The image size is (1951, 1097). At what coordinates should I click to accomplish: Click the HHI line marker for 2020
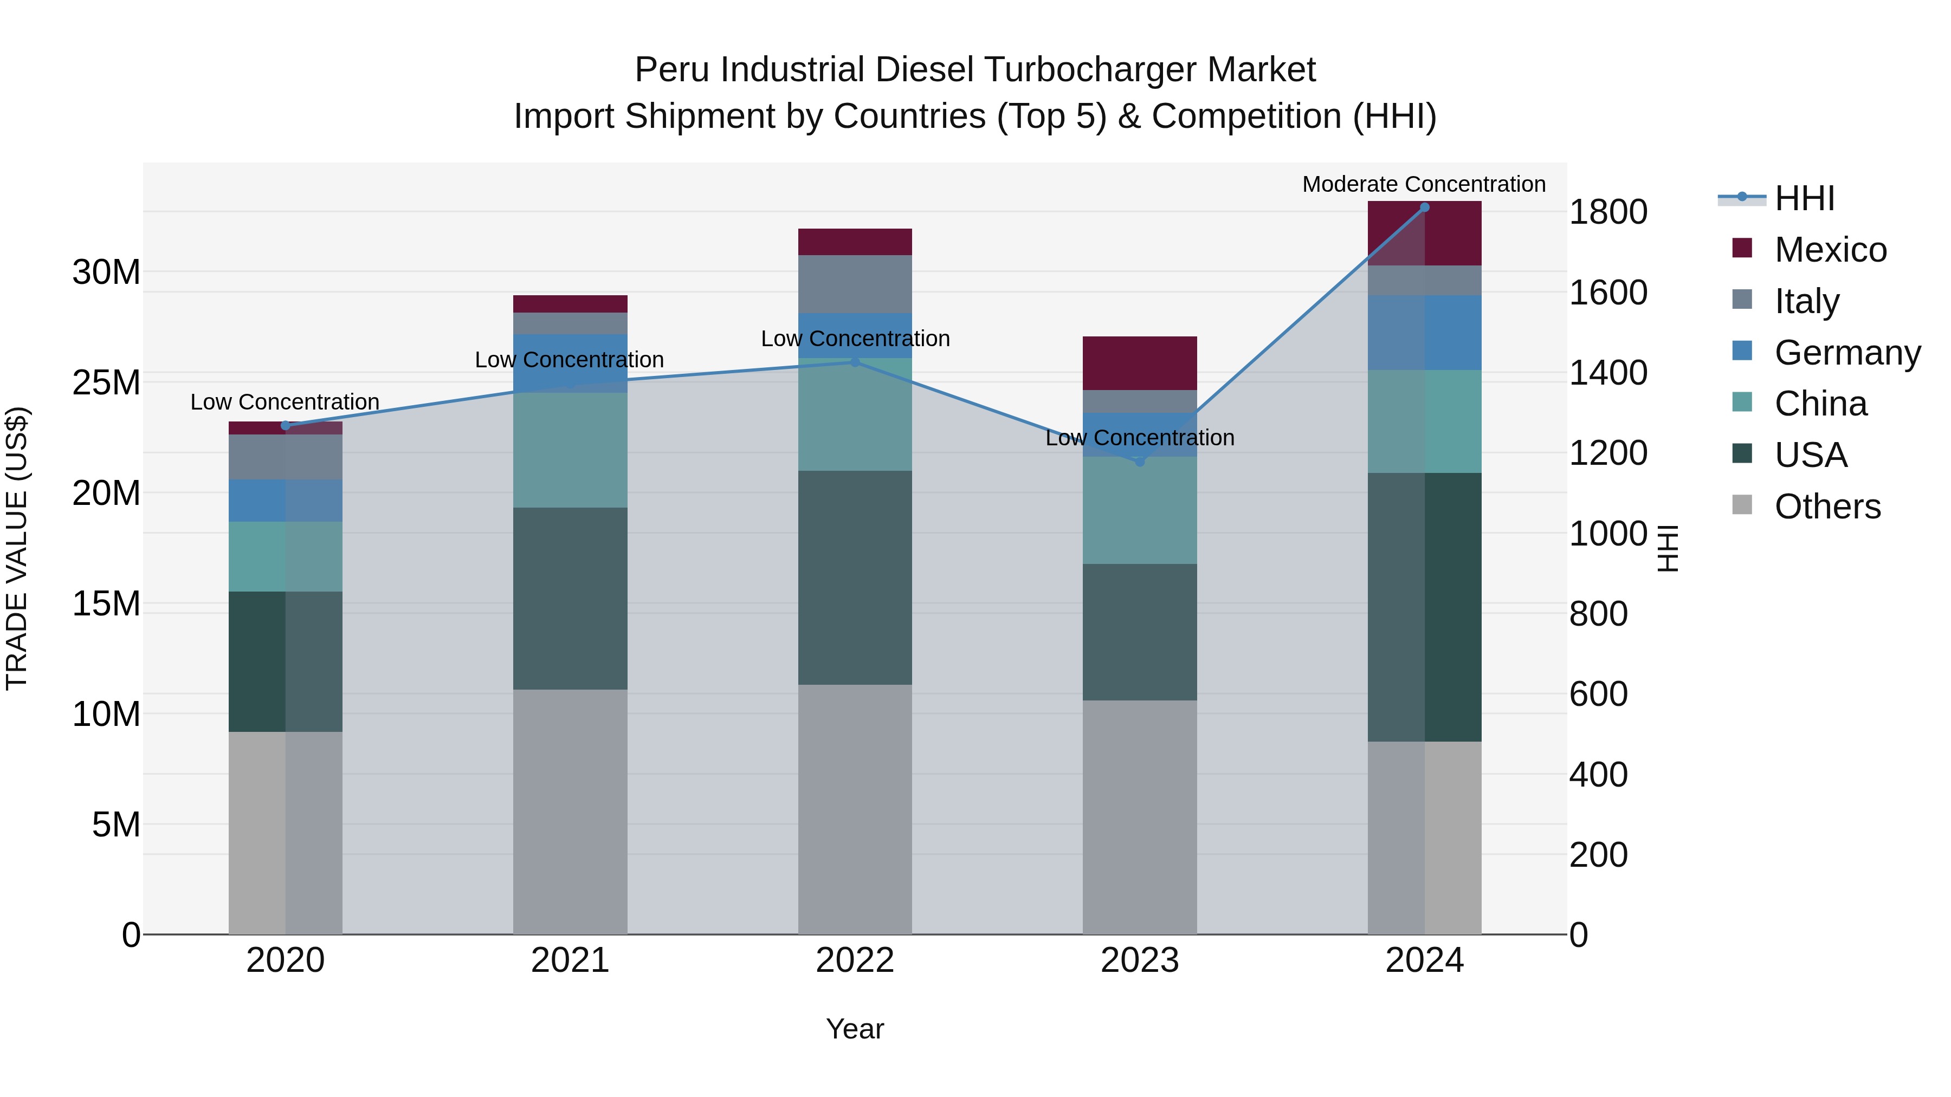286,425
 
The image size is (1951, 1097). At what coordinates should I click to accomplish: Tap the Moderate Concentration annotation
1423,184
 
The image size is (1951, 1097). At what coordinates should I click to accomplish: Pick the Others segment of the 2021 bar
570,811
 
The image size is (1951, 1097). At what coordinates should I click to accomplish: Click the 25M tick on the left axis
106,383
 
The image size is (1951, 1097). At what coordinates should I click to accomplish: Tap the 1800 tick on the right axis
1608,212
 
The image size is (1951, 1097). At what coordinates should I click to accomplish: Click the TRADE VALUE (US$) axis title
17,548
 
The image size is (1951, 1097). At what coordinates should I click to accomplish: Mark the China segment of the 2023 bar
1139,510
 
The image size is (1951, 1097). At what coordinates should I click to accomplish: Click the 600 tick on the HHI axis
1598,694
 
